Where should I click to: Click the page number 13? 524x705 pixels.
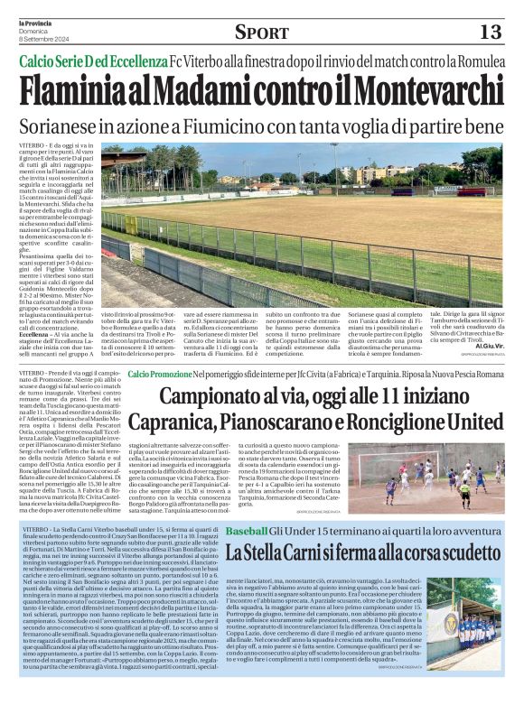coord(489,32)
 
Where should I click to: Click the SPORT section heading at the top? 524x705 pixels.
coord(261,32)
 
